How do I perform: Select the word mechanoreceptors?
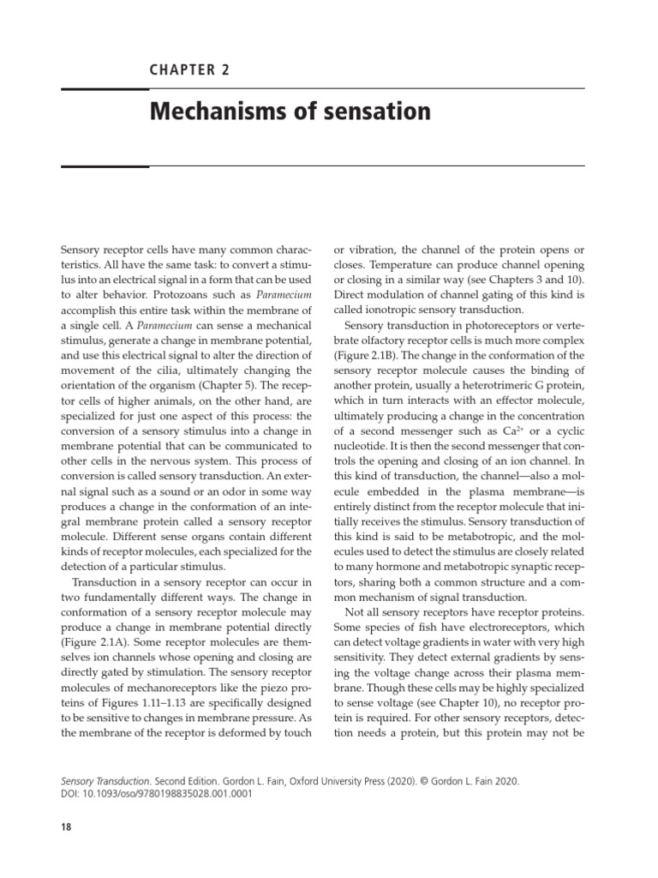(x=176, y=665)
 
